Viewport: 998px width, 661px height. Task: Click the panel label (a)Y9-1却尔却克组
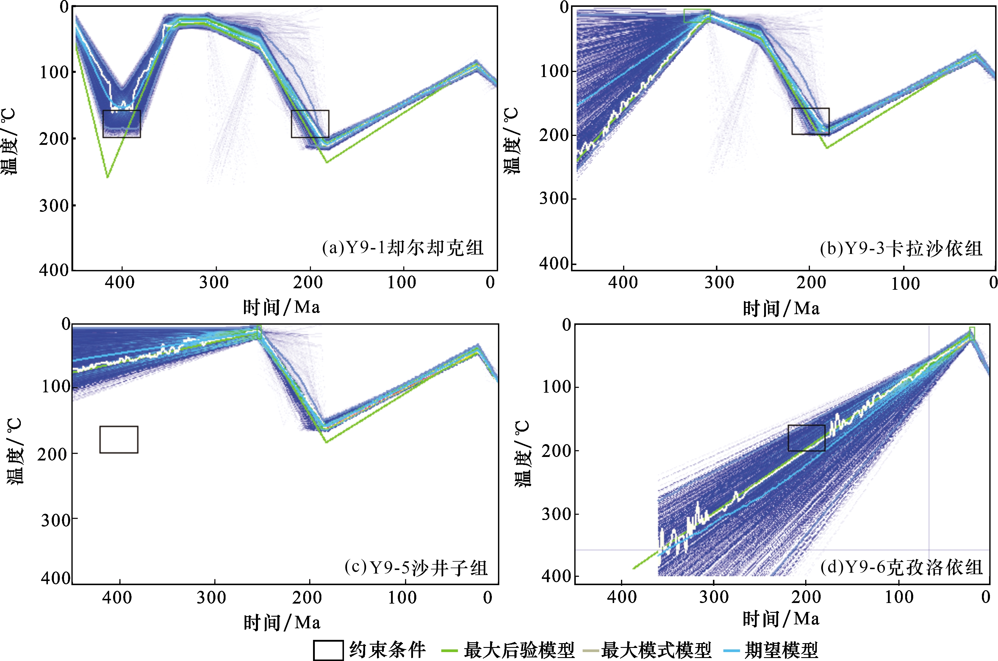(x=403, y=248)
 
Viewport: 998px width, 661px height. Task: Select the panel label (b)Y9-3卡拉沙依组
(x=901, y=249)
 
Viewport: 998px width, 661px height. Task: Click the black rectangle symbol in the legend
(x=328, y=650)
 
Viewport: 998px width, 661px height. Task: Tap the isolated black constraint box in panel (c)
(x=119, y=440)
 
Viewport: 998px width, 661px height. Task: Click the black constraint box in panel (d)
(x=807, y=438)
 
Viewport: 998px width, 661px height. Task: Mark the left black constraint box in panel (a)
(x=122, y=124)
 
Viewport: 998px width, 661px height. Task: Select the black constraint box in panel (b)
(x=810, y=121)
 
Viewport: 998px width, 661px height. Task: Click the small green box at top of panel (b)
(x=697, y=15)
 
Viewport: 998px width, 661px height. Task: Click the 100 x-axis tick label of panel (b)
(x=905, y=283)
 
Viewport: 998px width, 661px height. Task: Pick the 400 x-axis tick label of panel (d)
(x=622, y=597)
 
